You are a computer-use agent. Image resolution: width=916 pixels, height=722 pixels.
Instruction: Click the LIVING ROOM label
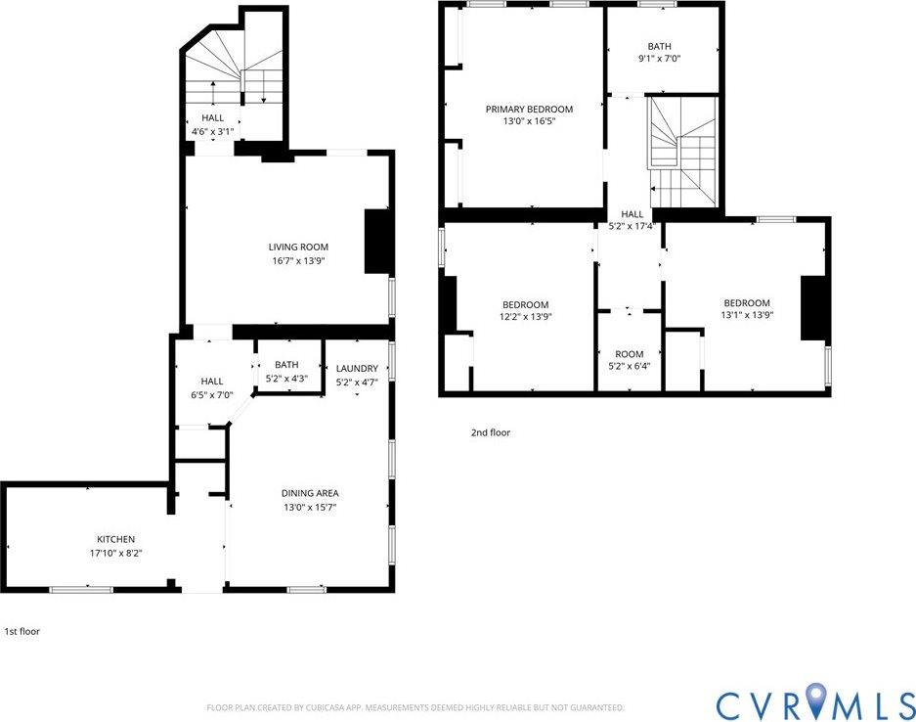click(x=298, y=247)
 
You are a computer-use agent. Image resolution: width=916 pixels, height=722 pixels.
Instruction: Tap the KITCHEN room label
click(x=115, y=539)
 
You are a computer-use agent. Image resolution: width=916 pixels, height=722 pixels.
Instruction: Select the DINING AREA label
click(x=311, y=493)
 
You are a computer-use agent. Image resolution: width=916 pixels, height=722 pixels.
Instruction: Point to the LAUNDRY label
click(x=357, y=368)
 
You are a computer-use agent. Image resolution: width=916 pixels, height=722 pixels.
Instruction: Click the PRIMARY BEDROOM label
click(x=529, y=109)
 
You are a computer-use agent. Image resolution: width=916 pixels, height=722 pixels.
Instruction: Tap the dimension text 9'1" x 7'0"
click(x=660, y=58)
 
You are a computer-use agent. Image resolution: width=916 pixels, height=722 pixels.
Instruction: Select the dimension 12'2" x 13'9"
click(x=525, y=316)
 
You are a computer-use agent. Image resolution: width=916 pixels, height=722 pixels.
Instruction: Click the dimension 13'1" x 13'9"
click(x=746, y=315)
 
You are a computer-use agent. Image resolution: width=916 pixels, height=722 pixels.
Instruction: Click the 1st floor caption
click(x=22, y=632)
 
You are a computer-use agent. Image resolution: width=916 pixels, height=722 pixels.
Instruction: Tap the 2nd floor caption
click(x=490, y=432)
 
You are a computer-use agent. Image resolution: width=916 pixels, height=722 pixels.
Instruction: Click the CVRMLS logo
click(x=813, y=704)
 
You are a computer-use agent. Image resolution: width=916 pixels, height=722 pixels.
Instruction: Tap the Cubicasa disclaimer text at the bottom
click(x=414, y=707)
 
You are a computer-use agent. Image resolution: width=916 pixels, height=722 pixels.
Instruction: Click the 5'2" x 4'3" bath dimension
click(x=286, y=378)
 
